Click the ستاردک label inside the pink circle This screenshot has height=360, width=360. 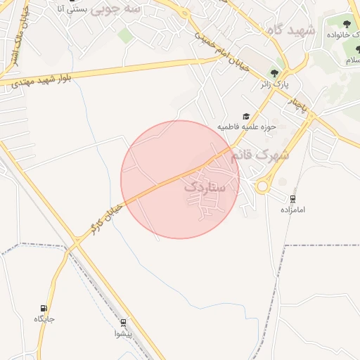click(x=205, y=188)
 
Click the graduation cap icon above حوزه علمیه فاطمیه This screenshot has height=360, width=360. click(x=246, y=117)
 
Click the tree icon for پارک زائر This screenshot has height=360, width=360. click(x=274, y=73)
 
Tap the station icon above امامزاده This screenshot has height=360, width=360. click(x=292, y=199)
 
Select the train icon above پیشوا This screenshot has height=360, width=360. click(x=124, y=323)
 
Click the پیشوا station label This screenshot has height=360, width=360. click(x=124, y=334)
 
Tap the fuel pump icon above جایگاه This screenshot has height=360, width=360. click(x=44, y=308)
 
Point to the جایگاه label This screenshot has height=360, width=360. click(x=44, y=319)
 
